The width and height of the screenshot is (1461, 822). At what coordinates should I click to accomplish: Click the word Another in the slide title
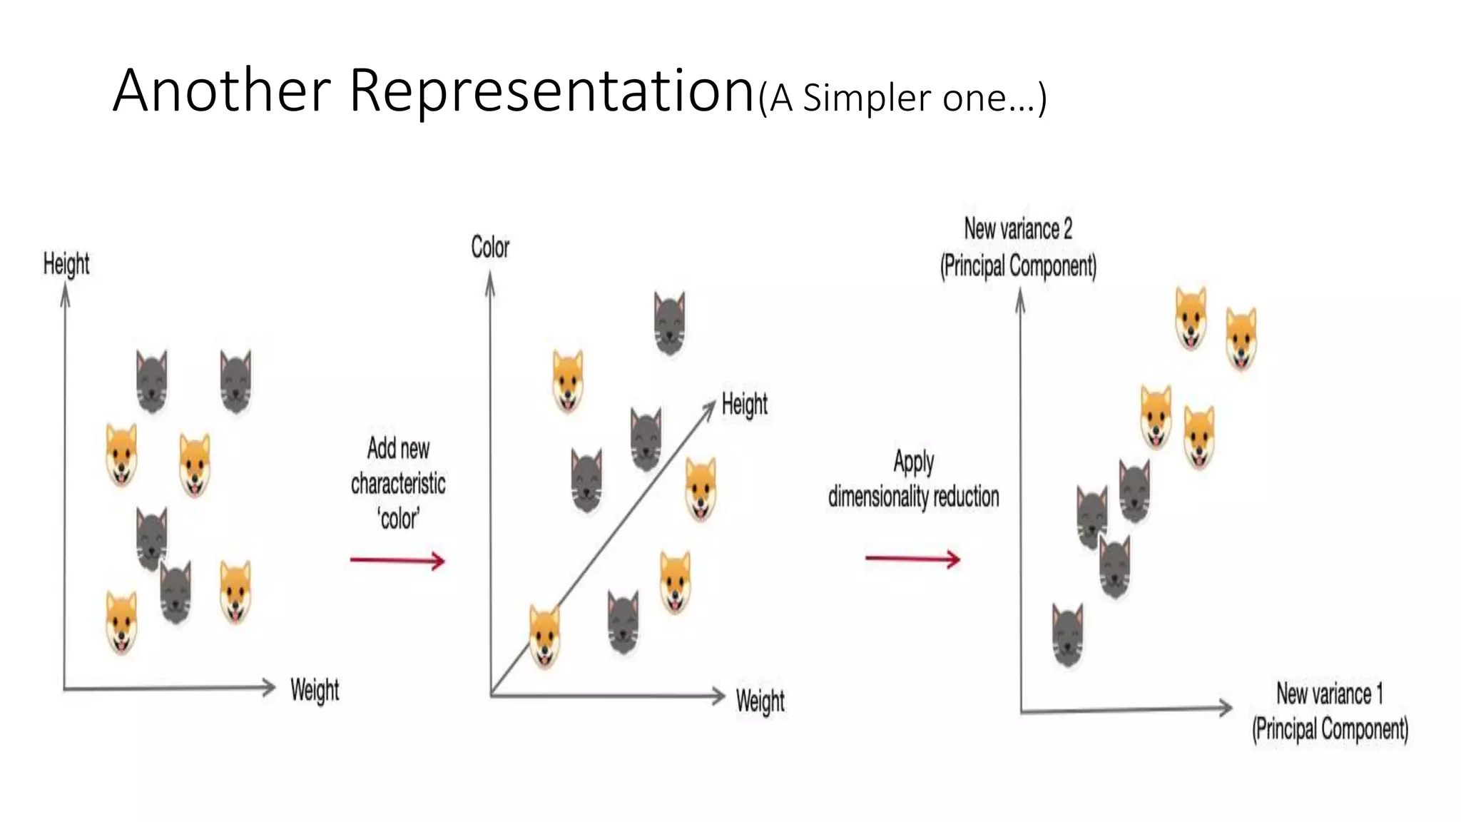click(x=221, y=91)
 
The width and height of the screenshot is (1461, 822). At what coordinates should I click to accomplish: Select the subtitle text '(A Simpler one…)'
click(x=902, y=98)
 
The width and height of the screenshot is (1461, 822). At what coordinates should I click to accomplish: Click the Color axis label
click(x=490, y=248)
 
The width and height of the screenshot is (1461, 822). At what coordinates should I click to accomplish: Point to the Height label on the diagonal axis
click(x=744, y=405)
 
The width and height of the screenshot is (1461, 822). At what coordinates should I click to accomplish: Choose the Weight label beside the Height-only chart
click(x=315, y=690)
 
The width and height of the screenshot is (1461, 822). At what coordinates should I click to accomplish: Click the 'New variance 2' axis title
click(x=1018, y=229)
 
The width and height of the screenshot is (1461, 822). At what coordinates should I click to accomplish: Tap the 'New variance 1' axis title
click(x=1329, y=694)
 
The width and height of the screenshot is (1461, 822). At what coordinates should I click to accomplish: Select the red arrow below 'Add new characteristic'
click(x=397, y=561)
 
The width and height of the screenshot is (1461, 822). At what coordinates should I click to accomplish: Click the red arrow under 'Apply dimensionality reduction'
click(x=912, y=558)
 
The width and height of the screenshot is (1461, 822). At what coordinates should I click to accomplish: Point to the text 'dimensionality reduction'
click(x=913, y=497)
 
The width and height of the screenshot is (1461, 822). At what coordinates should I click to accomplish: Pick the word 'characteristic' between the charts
click(x=398, y=484)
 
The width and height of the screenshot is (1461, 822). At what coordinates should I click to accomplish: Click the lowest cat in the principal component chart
click(x=1068, y=635)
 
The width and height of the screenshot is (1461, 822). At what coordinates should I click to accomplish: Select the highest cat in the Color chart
click(x=669, y=323)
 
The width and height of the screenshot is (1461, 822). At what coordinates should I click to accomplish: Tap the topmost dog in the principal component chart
click(x=1191, y=318)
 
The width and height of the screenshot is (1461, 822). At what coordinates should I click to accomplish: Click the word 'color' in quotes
click(x=399, y=519)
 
